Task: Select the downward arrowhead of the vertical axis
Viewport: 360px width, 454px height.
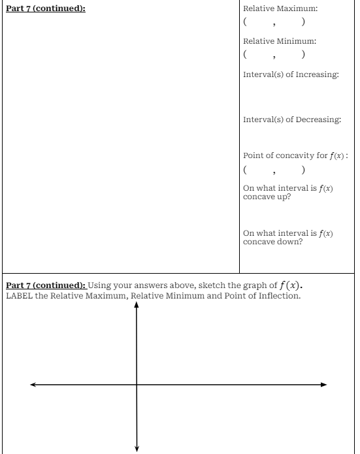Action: (x=137, y=447)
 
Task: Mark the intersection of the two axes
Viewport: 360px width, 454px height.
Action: (x=137, y=384)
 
